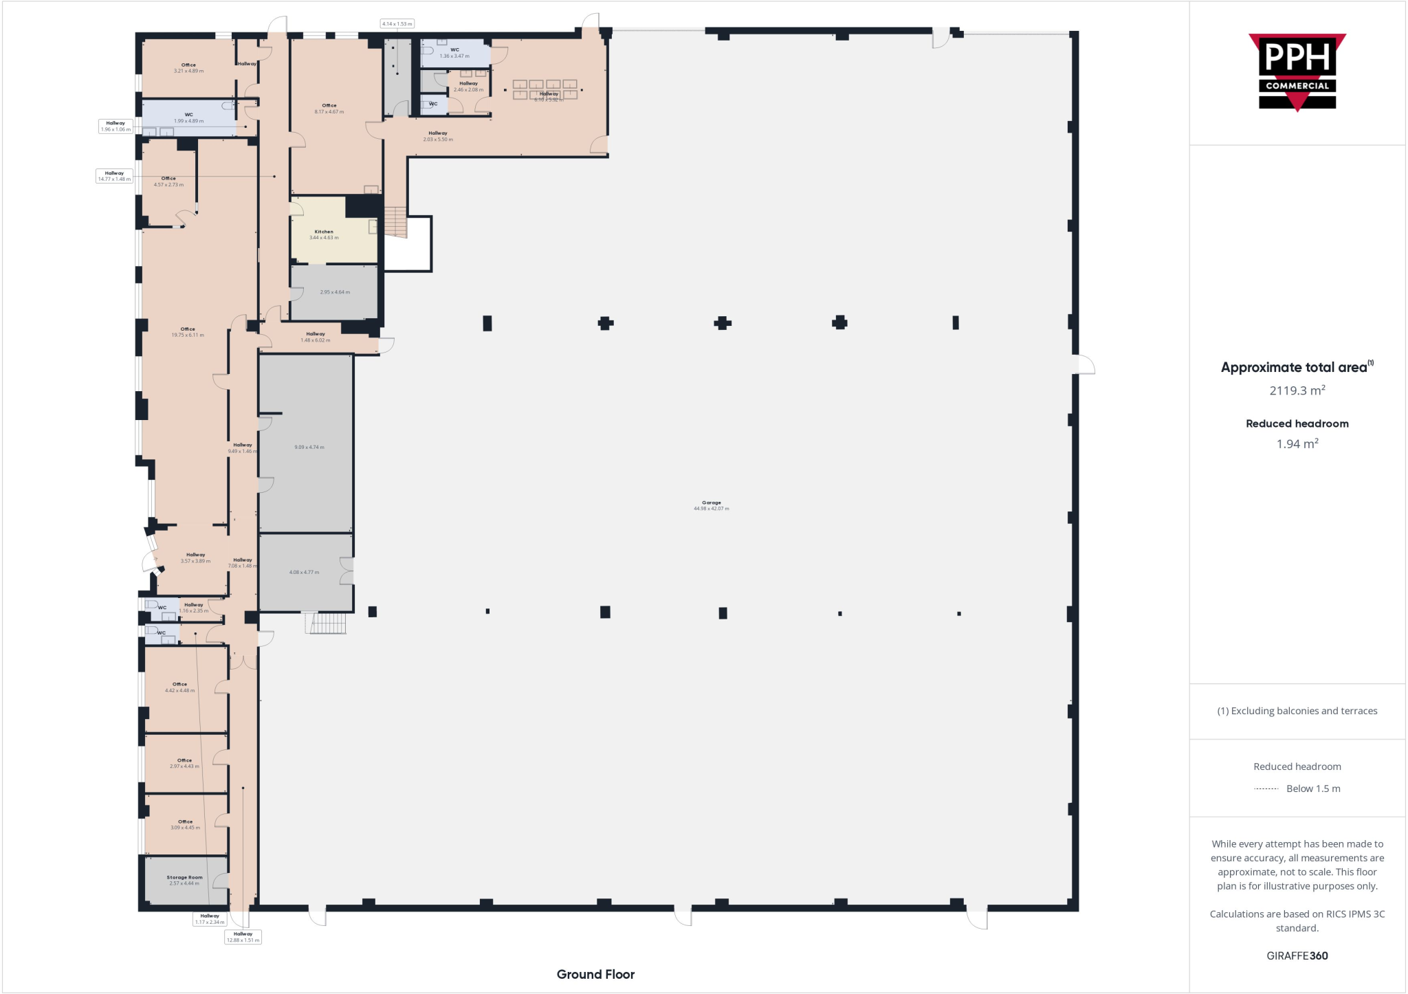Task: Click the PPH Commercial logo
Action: [1297, 72]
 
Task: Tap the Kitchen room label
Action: [324, 234]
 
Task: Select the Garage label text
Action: [711, 505]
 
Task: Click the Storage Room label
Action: [184, 880]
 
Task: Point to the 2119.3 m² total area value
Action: [1297, 390]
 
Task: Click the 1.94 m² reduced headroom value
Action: [1297, 444]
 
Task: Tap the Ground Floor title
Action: [595, 974]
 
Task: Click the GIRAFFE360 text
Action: [1297, 956]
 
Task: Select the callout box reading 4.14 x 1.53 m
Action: [397, 24]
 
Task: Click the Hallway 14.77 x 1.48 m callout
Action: [114, 176]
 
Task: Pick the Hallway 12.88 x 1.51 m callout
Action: [243, 937]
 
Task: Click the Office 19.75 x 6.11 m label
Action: [188, 332]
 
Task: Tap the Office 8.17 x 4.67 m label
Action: [329, 109]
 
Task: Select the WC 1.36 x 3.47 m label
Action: [454, 53]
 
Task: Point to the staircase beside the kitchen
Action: [396, 222]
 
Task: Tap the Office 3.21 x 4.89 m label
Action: [188, 68]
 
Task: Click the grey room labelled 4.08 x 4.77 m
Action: [304, 572]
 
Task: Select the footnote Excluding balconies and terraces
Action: [1297, 711]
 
